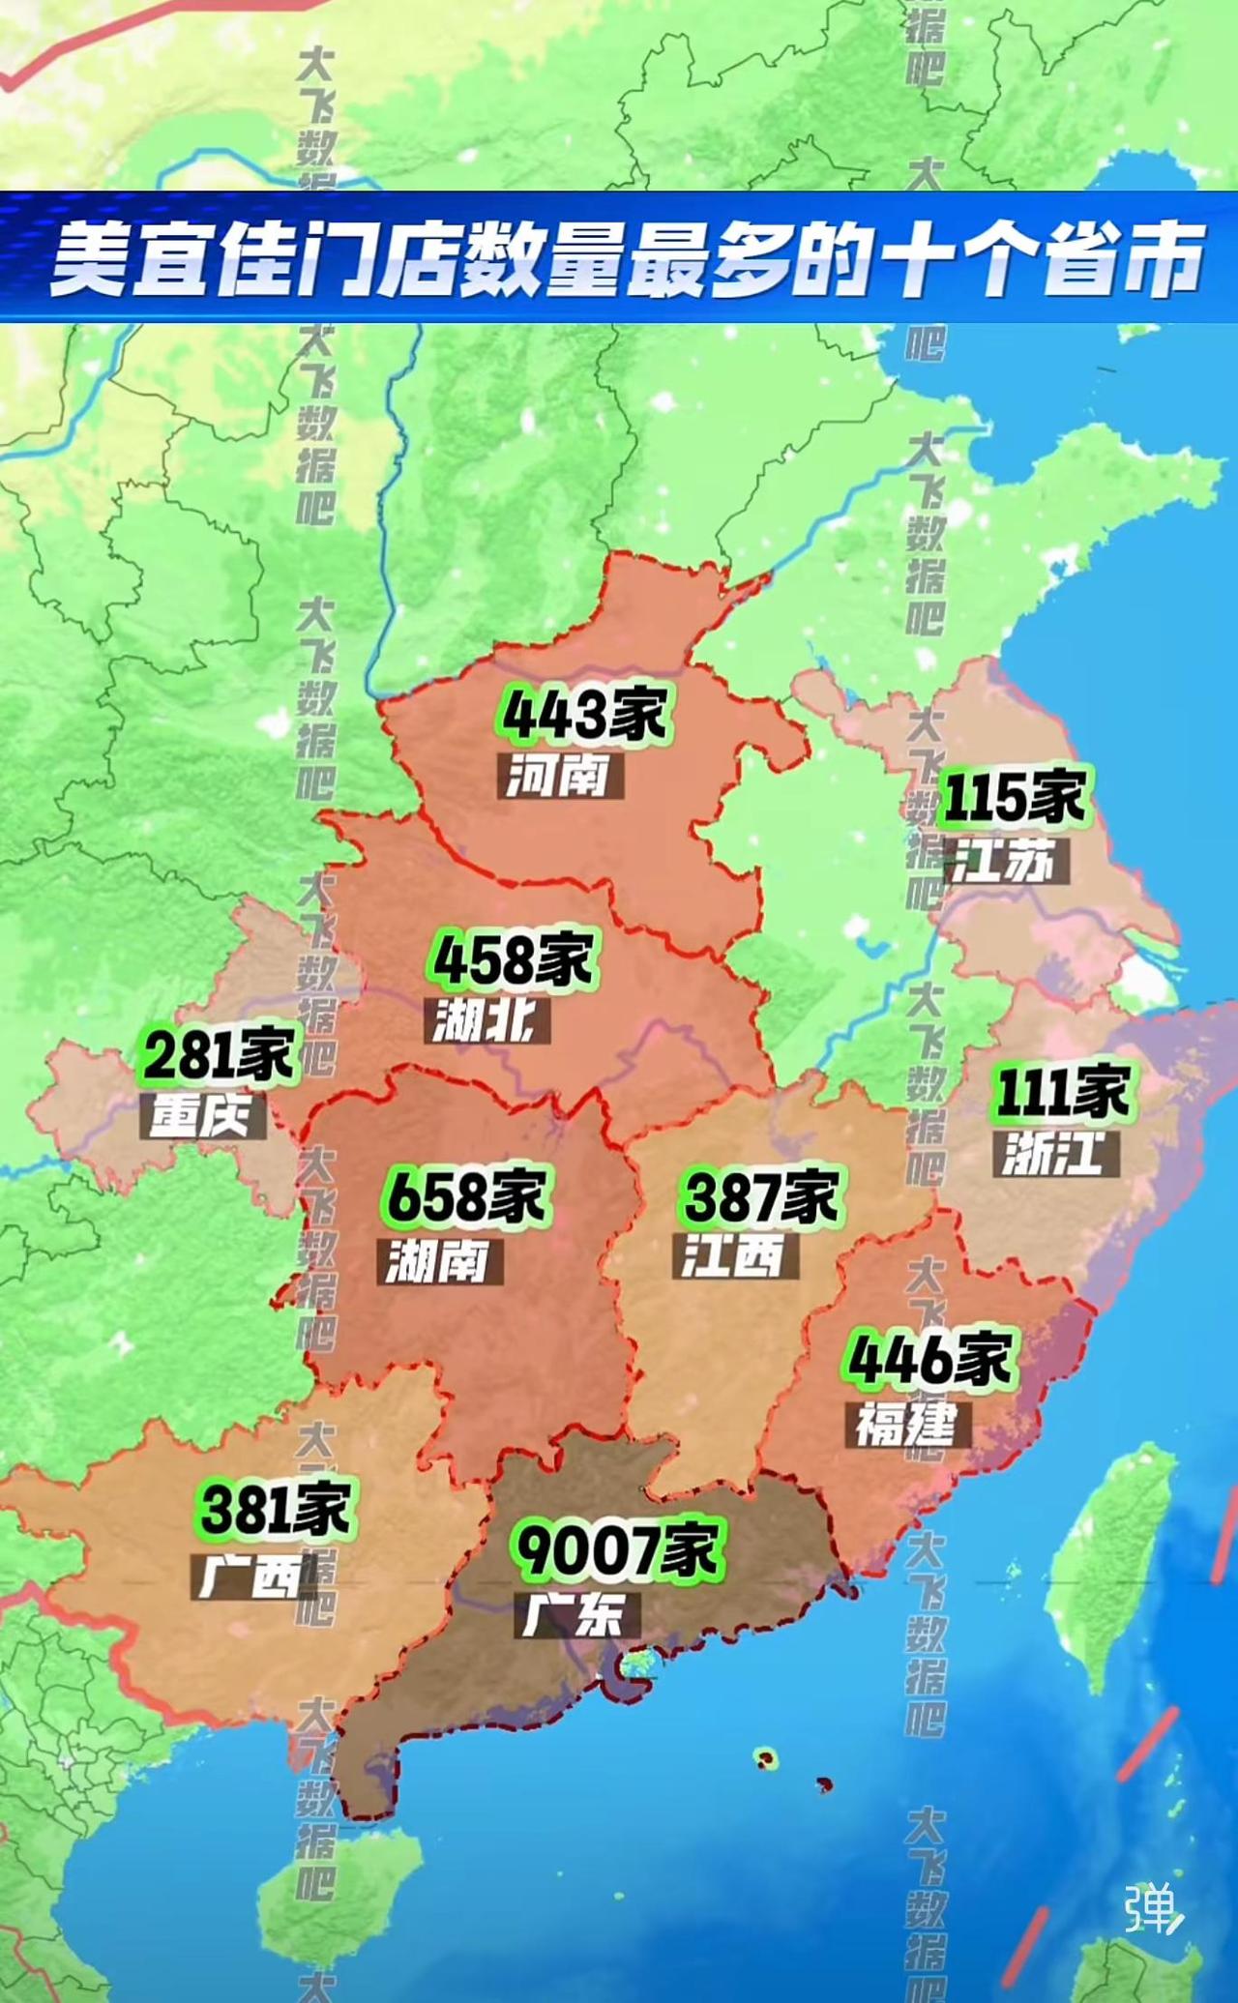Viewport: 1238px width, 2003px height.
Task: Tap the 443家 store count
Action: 584,715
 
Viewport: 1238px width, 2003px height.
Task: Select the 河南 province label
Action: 560,776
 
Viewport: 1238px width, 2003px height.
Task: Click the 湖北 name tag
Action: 486,1020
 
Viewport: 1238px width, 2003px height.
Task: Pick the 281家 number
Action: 220,1054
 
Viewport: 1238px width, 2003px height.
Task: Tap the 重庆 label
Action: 202,1116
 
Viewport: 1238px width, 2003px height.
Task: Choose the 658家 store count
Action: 467,1196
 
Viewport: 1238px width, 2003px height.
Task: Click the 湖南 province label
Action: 439,1261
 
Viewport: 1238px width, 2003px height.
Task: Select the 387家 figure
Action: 760,1196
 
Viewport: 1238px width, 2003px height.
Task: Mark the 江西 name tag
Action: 735,1255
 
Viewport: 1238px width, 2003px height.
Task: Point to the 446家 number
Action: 929,1359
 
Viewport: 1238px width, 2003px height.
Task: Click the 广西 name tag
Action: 251,1576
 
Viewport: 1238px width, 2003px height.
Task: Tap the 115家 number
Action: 1014,797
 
